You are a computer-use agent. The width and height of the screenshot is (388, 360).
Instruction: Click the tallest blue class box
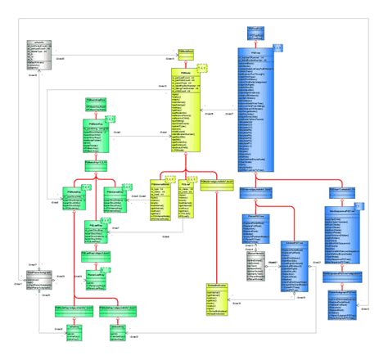pyautogui.click(x=256, y=106)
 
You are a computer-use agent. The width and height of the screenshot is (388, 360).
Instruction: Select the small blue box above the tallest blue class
pyautogui.click(x=256, y=33)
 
